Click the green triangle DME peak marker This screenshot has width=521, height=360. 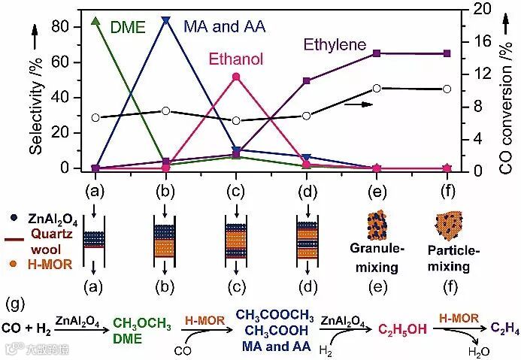click(x=95, y=20)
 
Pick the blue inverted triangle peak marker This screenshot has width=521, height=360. click(x=166, y=20)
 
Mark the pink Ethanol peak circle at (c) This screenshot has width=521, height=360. click(x=237, y=77)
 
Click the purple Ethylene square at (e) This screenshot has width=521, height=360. click(x=377, y=53)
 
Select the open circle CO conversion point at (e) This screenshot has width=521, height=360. click(x=377, y=88)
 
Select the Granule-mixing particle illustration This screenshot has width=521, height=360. click(x=376, y=225)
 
